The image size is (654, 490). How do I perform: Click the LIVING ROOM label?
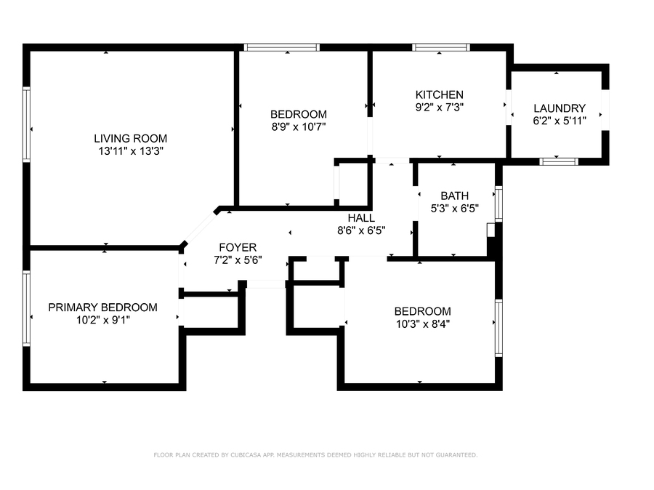pyautogui.click(x=130, y=139)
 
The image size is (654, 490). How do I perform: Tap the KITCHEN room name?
pyautogui.click(x=439, y=95)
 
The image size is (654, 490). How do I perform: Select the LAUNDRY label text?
pyautogui.click(x=560, y=108)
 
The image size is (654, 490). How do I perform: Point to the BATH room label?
pyautogui.click(x=455, y=196)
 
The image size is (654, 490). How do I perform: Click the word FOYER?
pyautogui.click(x=238, y=247)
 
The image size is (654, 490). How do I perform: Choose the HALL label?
pyautogui.click(x=361, y=218)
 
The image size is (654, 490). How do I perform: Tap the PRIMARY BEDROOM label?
pyautogui.click(x=102, y=308)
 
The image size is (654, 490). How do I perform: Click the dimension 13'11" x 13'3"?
pyautogui.click(x=131, y=151)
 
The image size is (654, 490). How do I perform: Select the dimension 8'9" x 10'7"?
pyautogui.click(x=299, y=127)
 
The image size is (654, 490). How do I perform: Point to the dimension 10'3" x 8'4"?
pyautogui.click(x=422, y=324)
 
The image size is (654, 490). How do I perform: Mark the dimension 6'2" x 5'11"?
pyautogui.click(x=560, y=121)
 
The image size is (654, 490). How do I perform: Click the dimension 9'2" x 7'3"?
pyautogui.click(x=439, y=108)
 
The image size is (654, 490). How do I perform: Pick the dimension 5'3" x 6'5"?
pyautogui.click(x=455, y=208)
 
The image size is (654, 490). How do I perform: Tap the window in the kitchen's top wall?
pyautogui.click(x=441, y=47)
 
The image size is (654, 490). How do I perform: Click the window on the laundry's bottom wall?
pyautogui.click(x=559, y=161)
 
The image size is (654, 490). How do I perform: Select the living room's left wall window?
pyautogui.click(x=26, y=124)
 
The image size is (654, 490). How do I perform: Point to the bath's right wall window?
pyautogui.click(x=498, y=204)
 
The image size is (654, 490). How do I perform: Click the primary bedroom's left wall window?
pyautogui.click(x=26, y=308)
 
